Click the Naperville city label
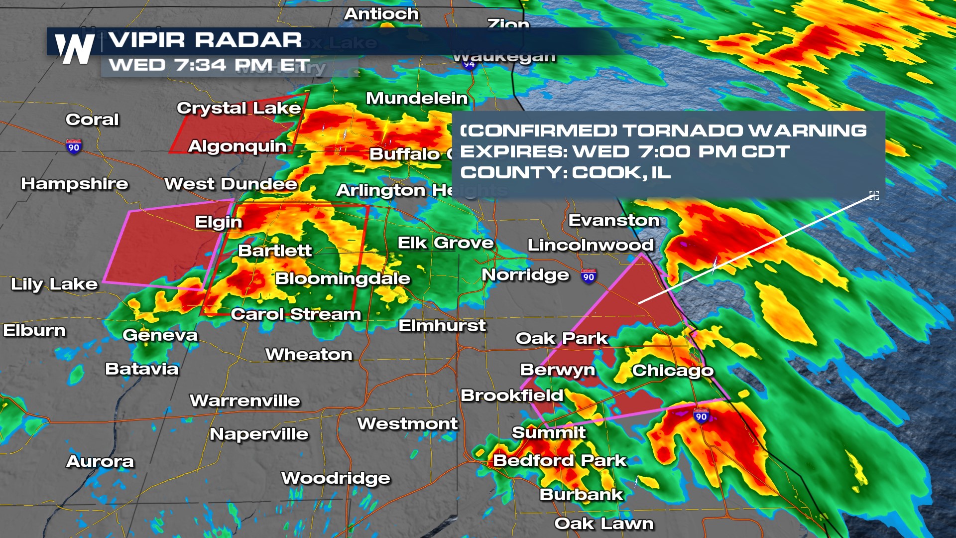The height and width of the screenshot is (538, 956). pyautogui.click(x=259, y=434)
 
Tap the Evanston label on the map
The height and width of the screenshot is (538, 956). pyautogui.click(x=613, y=220)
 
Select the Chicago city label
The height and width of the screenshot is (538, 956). pyautogui.click(x=672, y=371)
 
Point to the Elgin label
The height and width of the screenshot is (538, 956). pyautogui.click(x=218, y=222)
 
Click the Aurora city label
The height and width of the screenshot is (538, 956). pyautogui.click(x=100, y=462)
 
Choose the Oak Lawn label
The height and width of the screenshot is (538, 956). pyautogui.click(x=603, y=524)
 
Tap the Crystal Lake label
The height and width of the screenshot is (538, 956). pyautogui.click(x=239, y=108)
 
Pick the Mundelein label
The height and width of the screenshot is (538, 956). pyautogui.click(x=417, y=98)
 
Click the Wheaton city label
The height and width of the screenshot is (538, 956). pyautogui.click(x=309, y=355)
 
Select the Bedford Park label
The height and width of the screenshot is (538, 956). pyautogui.click(x=559, y=461)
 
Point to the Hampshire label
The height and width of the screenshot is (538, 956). pyautogui.click(x=74, y=184)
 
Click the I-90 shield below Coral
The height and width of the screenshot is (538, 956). pyautogui.click(x=74, y=146)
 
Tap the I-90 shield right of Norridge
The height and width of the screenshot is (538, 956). pyautogui.click(x=589, y=276)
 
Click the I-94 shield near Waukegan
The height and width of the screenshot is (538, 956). pyautogui.click(x=469, y=64)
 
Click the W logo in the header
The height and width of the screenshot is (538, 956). pyautogui.click(x=75, y=49)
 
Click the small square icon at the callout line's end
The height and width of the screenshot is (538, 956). pyautogui.click(x=874, y=195)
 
